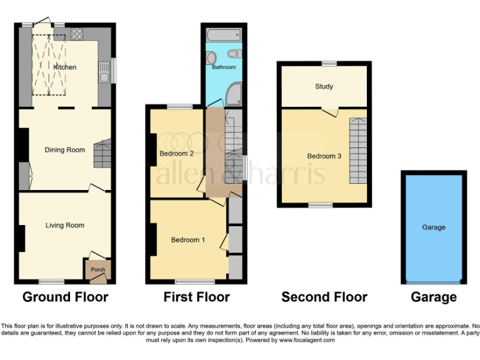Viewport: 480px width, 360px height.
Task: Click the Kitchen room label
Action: click(65, 67)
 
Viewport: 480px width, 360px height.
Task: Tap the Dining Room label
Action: click(64, 149)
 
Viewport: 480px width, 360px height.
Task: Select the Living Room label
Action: click(64, 225)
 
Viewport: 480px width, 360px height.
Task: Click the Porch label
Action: click(98, 270)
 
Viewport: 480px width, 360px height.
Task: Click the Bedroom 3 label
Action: click(324, 156)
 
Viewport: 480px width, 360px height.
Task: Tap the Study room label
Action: click(324, 86)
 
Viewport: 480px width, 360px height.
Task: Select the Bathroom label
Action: click(224, 67)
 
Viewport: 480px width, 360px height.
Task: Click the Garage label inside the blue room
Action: click(433, 227)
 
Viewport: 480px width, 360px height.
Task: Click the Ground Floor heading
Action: click(65, 297)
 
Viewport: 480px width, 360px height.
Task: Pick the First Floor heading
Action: click(196, 297)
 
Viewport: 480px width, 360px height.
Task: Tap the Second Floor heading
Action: click(324, 297)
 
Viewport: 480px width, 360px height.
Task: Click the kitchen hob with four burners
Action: click(78, 34)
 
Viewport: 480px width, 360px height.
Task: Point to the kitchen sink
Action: click(104, 73)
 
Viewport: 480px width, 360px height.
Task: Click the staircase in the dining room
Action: click(101, 153)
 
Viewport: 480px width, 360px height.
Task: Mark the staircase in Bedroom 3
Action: click(358, 150)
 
